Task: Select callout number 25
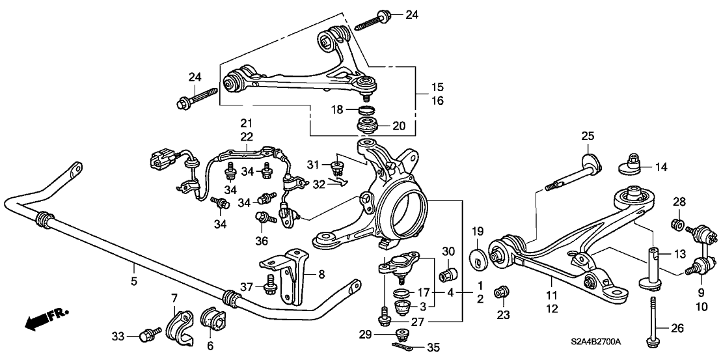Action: (588, 136)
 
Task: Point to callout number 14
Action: (660, 167)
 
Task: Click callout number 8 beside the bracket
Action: (320, 274)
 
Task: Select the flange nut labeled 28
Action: (677, 225)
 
